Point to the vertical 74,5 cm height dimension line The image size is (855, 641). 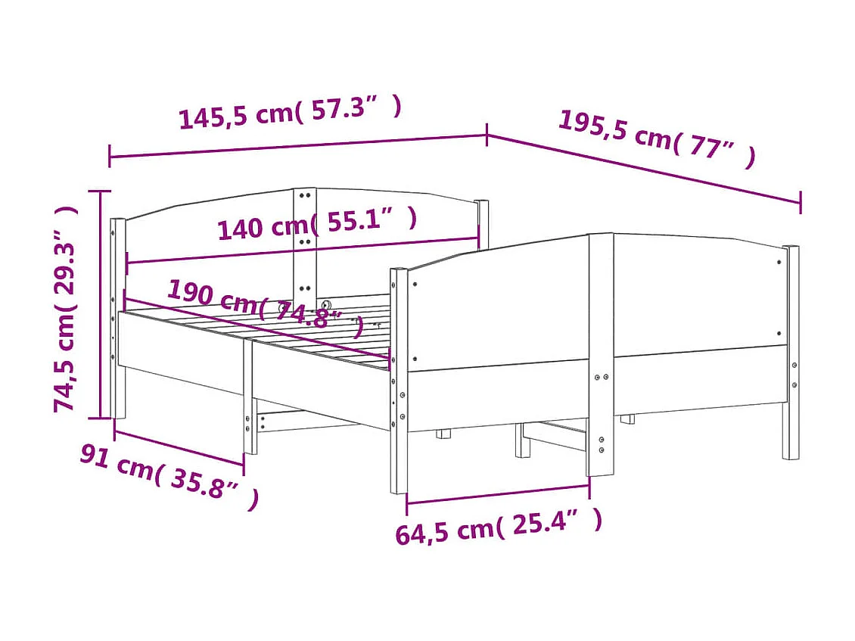(101, 303)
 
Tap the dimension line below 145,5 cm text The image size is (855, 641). (298, 146)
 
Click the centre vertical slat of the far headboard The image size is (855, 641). (304, 242)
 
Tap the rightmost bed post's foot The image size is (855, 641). (790, 451)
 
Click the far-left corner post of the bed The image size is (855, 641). (118, 318)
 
